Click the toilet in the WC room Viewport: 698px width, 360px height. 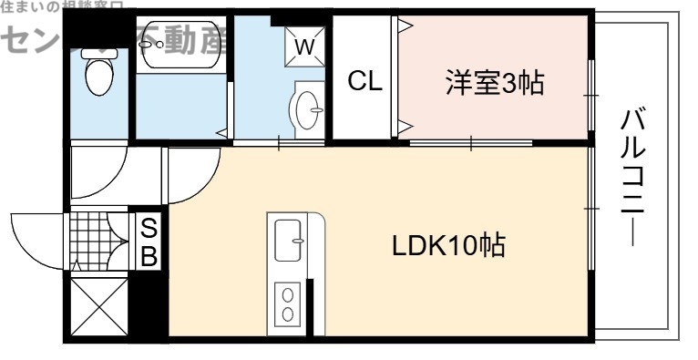pos(96,75)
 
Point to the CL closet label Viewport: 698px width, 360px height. pos(365,81)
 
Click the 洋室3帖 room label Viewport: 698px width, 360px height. pos(494,83)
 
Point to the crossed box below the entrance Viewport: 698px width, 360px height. pos(95,305)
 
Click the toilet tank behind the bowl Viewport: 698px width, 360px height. pos(96,53)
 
